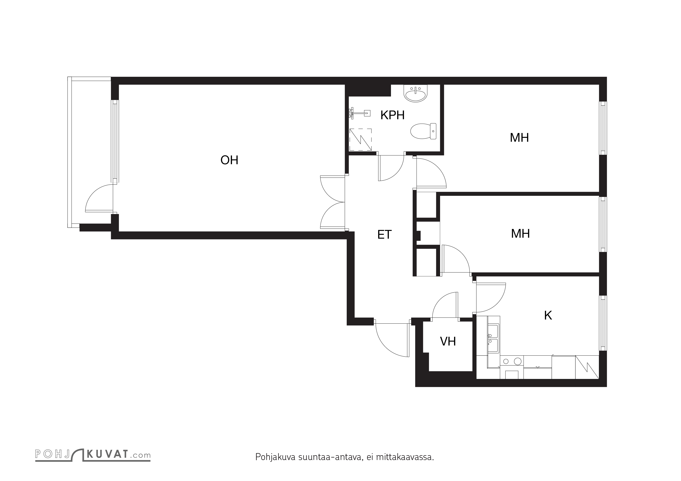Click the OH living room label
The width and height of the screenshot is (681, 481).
click(229, 160)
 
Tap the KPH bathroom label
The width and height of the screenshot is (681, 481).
click(392, 115)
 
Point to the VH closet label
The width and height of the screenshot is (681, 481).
click(448, 341)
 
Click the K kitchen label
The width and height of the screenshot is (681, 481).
click(548, 315)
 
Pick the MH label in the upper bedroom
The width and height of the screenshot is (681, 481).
click(519, 138)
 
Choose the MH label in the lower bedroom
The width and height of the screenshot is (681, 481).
click(520, 234)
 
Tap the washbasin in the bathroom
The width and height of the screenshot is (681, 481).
click(416, 94)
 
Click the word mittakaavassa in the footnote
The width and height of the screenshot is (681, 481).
click(405, 457)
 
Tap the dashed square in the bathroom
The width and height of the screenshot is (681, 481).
click(360, 140)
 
